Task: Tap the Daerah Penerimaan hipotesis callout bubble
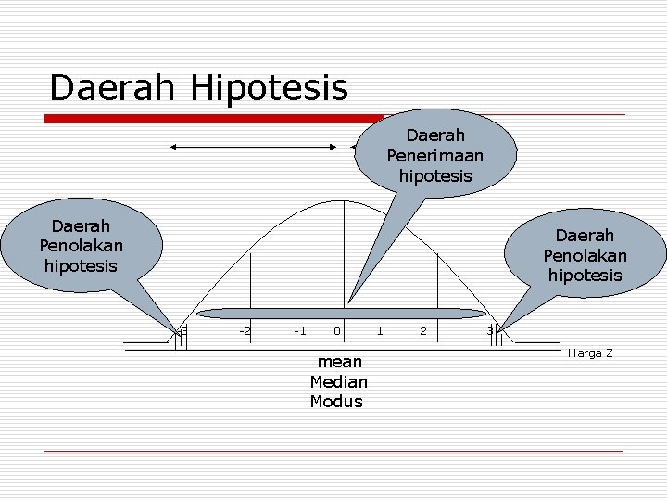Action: (435, 155)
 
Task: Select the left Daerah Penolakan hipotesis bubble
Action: (81, 246)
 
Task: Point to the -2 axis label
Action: (244, 330)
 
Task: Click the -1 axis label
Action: (299, 330)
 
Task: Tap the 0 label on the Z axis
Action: (338, 330)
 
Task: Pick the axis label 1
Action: (380, 330)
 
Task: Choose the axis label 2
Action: (422, 330)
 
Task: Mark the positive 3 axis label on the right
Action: (490, 330)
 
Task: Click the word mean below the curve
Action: (339, 361)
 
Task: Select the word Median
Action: (339, 381)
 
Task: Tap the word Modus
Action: (337, 402)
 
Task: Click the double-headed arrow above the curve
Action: (254, 147)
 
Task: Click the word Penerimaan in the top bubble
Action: (435, 155)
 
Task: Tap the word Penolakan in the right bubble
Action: (585, 255)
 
